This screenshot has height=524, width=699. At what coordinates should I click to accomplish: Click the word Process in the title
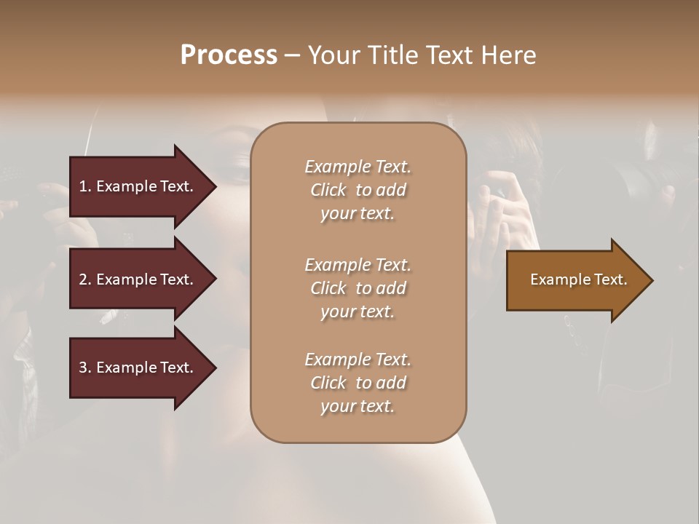(x=229, y=55)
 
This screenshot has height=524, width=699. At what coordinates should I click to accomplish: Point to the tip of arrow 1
(x=216, y=186)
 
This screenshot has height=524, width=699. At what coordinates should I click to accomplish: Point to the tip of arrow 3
(x=216, y=368)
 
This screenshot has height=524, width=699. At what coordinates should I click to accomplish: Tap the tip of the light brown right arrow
(x=652, y=280)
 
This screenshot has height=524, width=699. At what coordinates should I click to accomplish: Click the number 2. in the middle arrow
(x=85, y=279)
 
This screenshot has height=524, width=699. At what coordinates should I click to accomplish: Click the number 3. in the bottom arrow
(x=85, y=368)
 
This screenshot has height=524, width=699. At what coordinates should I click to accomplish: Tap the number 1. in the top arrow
(x=85, y=186)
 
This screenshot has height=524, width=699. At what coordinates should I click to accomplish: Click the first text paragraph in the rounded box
(x=358, y=190)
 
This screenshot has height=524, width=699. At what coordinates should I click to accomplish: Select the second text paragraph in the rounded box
(x=358, y=288)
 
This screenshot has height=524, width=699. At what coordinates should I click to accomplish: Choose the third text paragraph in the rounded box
(x=358, y=383)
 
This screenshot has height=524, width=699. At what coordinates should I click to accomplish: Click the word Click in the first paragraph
(x=328, y=190)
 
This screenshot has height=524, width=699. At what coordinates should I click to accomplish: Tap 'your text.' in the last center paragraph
(x=358, y=406)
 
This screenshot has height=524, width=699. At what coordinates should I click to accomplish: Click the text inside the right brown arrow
(x=578, y=279)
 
